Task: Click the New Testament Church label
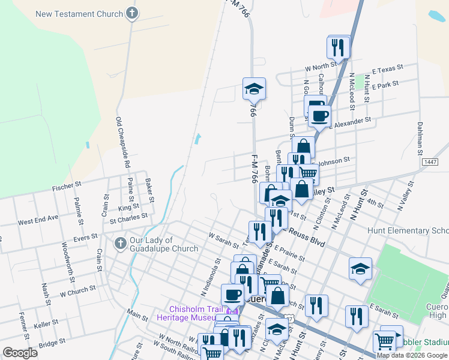79,14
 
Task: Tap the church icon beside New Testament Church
132,13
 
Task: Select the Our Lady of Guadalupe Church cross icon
119,244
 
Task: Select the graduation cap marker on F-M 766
254,89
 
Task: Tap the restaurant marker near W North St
338,47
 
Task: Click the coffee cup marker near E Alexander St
320,115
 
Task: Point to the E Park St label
385,86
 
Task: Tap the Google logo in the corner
20,352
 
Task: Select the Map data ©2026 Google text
412,355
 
